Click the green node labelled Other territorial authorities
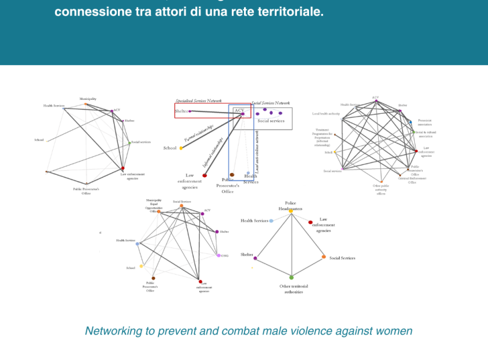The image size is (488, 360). point(292,277)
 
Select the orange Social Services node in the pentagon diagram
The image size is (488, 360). point(324,257)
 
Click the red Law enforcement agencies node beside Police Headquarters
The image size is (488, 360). point(311,222)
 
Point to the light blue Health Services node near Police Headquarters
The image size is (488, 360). point(271,221)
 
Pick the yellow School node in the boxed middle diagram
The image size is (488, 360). point(181,148)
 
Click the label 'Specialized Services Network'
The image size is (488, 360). point(199,101)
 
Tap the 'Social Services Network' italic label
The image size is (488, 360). point(270,103)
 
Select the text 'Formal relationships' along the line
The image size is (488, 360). point(198,133)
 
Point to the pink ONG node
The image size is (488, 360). point(218,255)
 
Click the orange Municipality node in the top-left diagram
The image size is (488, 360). point(87,104)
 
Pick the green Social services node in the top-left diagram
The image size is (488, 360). point(129,143)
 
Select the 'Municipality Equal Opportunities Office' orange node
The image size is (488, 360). point(159,211)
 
